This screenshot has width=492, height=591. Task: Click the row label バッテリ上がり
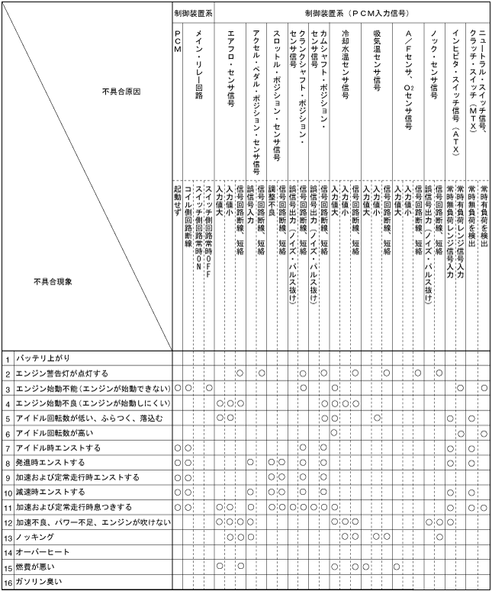pos(43,358)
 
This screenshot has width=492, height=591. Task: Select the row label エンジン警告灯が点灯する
pos(61,373)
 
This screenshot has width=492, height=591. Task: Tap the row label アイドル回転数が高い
pos(53,432)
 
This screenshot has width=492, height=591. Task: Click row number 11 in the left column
pos(8,507)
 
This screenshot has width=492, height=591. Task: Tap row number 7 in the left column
pos(8,448)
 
